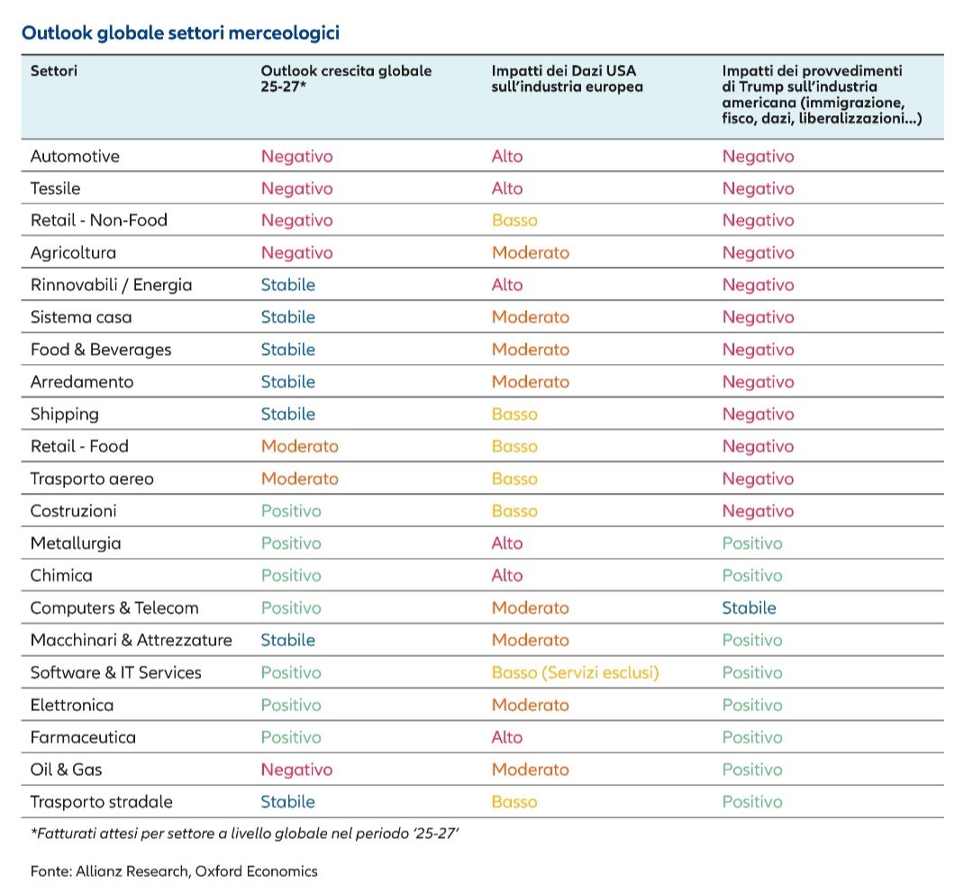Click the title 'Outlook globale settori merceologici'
(180, 32)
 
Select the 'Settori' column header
(54, 71)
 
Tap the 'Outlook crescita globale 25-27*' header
(346, 78)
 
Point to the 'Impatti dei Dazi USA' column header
(567, 78)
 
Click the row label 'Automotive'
(75, 157)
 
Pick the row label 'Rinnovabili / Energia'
(111, 286)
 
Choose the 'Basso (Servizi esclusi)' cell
(575, 672)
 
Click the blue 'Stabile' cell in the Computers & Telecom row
(749, 608)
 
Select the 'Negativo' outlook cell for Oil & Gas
(296, 771)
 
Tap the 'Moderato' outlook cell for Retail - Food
(300, 446)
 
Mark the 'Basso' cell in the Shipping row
(514, 414)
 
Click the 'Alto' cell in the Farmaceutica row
(507, 737)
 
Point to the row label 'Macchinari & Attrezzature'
(131, 641)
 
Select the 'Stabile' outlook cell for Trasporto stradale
(288, 802)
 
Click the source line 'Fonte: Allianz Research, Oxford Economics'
(174, 871)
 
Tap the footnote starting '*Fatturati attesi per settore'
(244, 834)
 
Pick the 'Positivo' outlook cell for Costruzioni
(291, 511)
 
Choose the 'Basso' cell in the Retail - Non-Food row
(514, 220)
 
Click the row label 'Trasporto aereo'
(92, 479)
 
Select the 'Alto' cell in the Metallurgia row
(507, 543)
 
